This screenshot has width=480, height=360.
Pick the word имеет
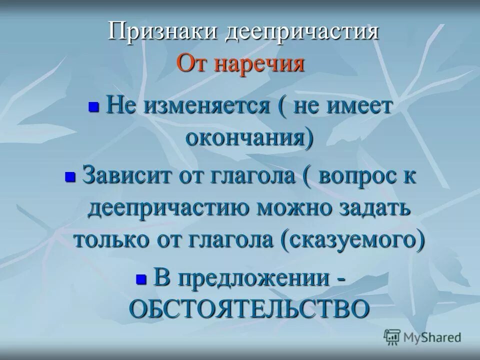(360, 106)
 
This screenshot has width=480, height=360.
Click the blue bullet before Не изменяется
(93, 107)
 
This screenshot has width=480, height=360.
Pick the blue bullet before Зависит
(69, 176)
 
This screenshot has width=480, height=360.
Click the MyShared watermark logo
(422, 337)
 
